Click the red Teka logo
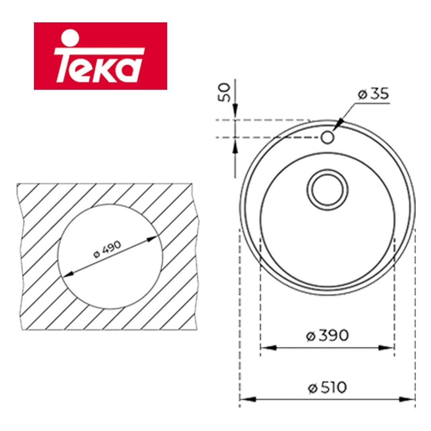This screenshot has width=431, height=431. coord(101,56)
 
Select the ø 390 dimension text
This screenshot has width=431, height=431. coord(327,341)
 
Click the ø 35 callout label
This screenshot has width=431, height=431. coord(373,94)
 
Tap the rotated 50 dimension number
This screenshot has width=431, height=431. coord(224,92)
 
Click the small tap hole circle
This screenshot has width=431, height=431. coord(327,137)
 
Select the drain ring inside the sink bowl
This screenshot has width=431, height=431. coord(327,190)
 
